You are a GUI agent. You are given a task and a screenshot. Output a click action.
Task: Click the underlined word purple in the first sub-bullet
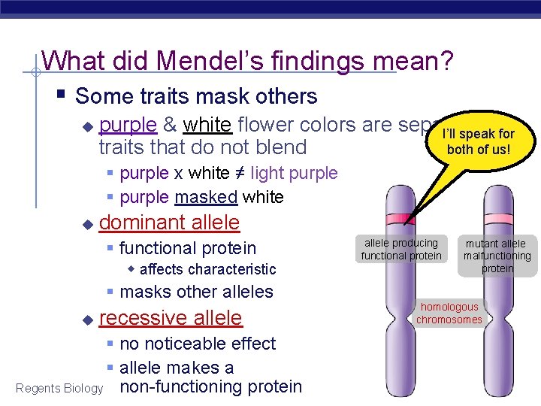click(x=128, y=124)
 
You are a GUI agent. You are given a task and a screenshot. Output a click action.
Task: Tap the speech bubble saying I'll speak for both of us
click(x=478, y=141)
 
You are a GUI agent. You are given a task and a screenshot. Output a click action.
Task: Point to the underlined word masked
click(x=207, y=197)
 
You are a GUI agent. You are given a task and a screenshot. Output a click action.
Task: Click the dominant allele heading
click(x=169, y=223)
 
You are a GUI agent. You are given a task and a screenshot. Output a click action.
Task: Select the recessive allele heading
click(x=171, y=318)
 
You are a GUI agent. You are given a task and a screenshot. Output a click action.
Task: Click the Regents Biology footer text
click(x=59, y=388)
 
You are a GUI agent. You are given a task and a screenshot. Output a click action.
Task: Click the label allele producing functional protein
click(x=401, y=250)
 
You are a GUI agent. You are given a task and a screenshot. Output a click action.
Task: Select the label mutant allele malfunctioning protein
click(x=497, y=256)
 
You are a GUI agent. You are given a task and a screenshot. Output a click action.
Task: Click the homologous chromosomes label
click(x=449, y=314)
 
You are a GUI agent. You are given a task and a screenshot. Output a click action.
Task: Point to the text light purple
click(x=294, y=173)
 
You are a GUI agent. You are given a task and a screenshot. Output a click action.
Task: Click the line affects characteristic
click(x=207, y=269)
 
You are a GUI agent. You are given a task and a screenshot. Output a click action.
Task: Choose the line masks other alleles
click(x=196, y=292)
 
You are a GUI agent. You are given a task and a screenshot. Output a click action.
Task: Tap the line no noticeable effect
click(x=197, y=344)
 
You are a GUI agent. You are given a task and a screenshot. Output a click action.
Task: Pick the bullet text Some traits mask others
click(x=196, y=96)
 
